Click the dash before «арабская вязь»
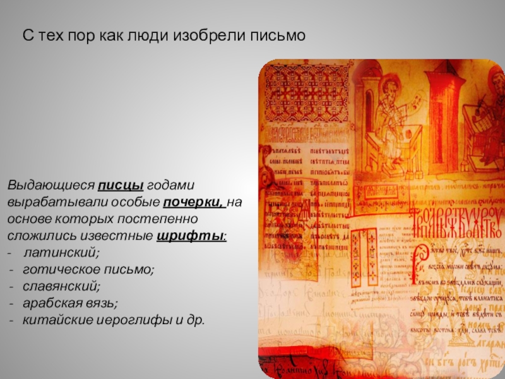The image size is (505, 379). (13, 303)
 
